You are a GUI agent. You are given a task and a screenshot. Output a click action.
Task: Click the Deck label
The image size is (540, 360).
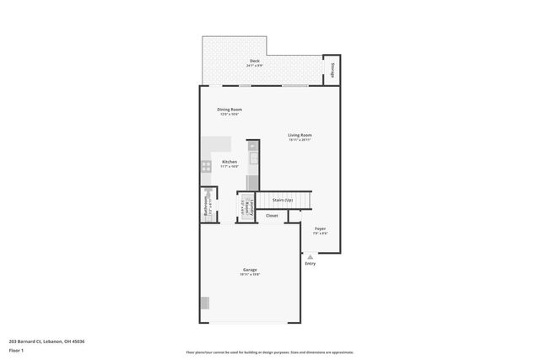click(254, 62)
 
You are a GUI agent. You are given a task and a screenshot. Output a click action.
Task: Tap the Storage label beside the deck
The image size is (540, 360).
click(332, 69)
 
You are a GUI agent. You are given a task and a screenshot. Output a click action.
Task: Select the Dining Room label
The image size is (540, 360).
click(229, 110)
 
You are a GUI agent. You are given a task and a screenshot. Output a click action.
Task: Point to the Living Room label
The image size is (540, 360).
click(300, 135)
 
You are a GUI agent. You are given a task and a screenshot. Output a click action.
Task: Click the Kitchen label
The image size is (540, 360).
click(229, 162)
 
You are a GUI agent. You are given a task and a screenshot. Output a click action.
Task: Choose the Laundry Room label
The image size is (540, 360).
click(246, 207)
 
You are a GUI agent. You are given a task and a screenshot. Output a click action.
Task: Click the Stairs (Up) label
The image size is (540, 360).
click(283, 200)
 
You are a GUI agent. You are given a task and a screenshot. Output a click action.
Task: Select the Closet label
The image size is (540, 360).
click(272, 216)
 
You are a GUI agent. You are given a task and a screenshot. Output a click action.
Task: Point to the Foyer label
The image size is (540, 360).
click(321, 228)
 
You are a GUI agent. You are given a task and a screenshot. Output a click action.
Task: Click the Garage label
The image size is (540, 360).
click(250, 270)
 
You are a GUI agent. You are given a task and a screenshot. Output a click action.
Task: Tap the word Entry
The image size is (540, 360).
click(310, 264)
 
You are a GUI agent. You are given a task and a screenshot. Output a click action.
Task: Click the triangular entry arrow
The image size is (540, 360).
click(310, 256)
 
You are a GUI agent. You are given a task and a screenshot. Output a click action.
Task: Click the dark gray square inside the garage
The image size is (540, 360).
click(204, 304)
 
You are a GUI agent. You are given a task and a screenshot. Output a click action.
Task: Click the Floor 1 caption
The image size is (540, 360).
click(16, 349)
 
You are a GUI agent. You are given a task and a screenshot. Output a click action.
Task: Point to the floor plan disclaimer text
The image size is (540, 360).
click(270, 352)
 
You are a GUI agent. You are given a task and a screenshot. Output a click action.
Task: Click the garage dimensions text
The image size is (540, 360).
click(250, 275)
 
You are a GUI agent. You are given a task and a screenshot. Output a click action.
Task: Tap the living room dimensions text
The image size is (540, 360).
click(300, 140)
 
